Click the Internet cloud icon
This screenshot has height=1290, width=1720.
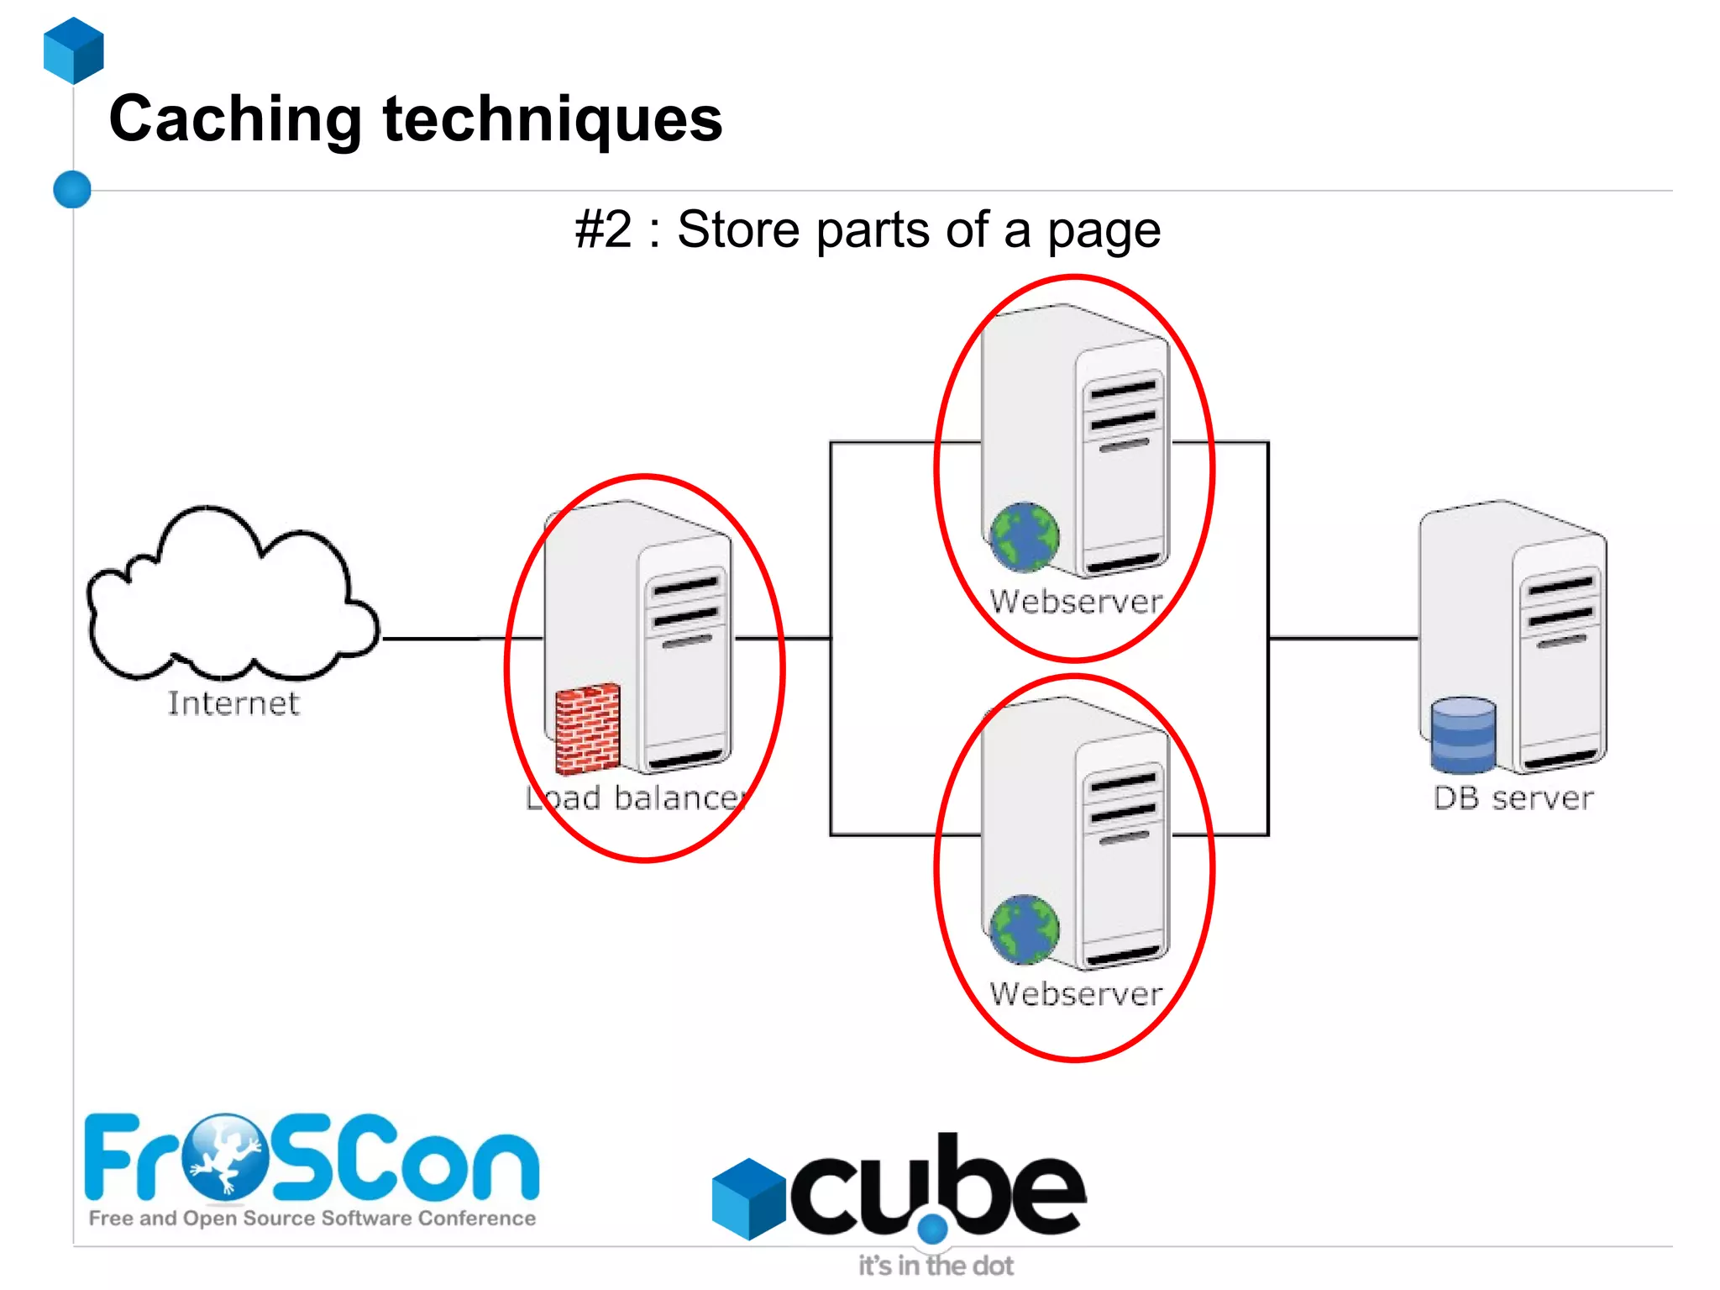coord(231,597)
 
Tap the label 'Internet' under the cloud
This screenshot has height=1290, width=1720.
coord(233,703)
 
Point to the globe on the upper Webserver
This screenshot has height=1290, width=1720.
coord(1024,536)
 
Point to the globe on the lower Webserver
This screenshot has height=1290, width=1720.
coord(1024,929)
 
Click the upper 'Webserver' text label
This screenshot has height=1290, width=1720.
coord(1076,602)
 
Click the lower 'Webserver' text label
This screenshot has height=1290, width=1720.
coord(1076,994)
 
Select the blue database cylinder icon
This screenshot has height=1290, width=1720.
coord(1463,735)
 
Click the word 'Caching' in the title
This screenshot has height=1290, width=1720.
coord(235,120)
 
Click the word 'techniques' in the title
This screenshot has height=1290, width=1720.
coord(553,120)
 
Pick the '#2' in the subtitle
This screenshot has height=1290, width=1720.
coord(603,229)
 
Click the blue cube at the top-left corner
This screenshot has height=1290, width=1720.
coord(74,50)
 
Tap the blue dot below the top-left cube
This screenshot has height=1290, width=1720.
coord(72,189)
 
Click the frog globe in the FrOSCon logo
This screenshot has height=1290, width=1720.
coord(225,1156)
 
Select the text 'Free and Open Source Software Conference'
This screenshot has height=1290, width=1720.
coord(312,1219)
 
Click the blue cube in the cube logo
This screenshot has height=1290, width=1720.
coord(748,1198)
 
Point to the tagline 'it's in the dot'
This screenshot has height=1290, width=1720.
coord(936,1266)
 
